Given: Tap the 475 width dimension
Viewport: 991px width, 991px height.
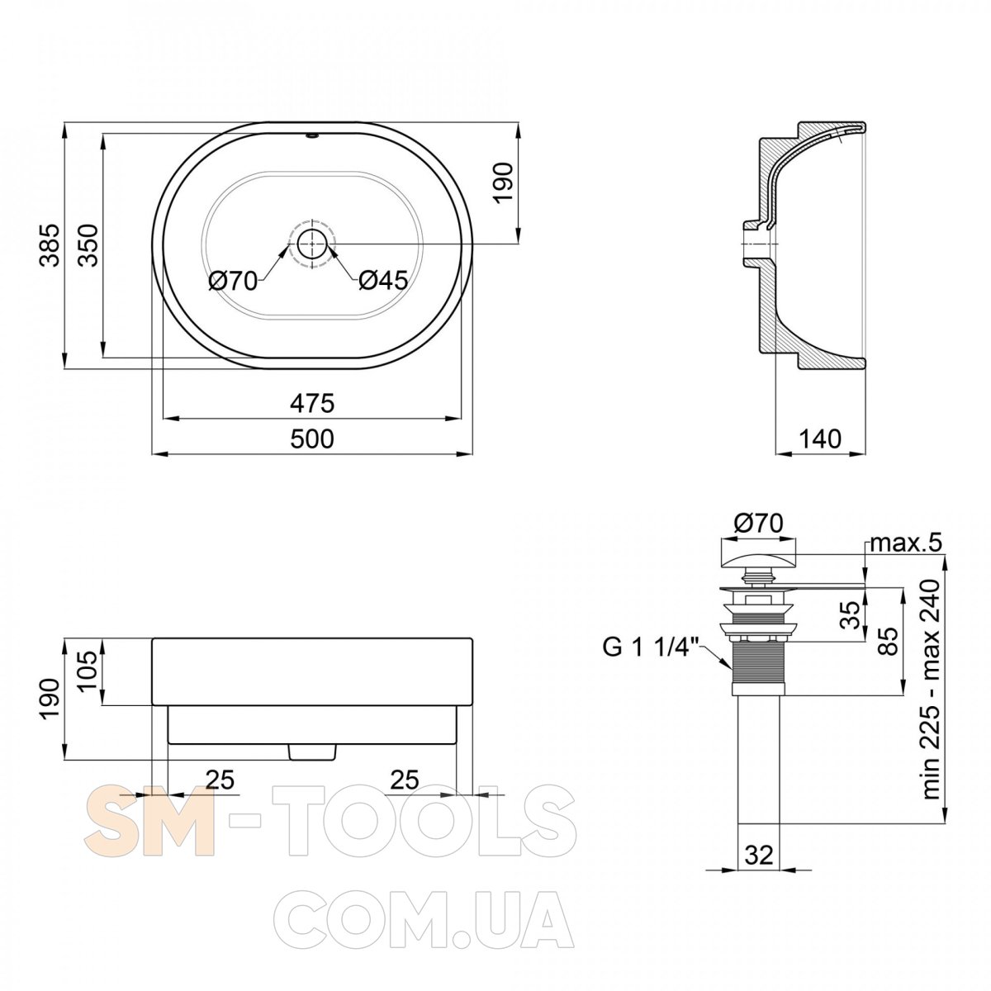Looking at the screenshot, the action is pos(312,403).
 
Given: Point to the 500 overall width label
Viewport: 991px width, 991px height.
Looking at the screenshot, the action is pos(312,439).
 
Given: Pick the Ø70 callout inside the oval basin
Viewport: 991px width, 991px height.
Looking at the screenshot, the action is pos(233,282).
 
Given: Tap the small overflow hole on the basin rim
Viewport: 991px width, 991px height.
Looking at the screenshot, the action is pos(312,136).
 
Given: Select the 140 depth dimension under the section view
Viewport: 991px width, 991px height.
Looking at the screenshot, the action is pos(820,439).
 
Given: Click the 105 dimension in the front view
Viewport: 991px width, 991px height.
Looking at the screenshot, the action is pos(88,673).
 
